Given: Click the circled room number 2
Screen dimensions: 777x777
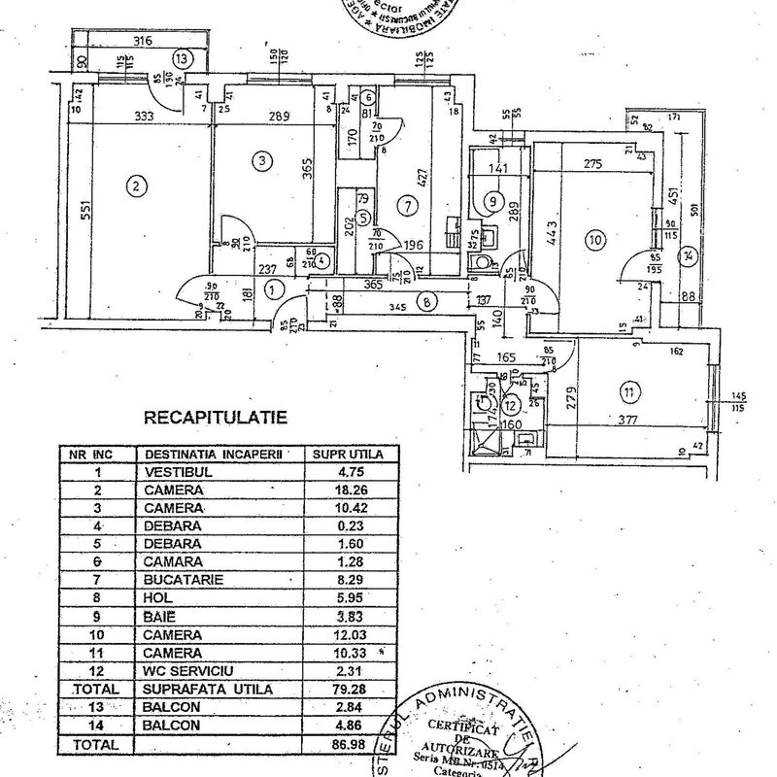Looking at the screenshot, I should tap(138, 186).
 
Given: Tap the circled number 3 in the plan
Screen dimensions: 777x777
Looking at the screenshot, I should tap(260, 160).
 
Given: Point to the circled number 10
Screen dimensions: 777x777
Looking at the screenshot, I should tap(594, 237).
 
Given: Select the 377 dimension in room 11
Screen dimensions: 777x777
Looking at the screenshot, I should tap(625, 421).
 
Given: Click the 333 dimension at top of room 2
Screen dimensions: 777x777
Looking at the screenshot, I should tap(147, 116).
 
